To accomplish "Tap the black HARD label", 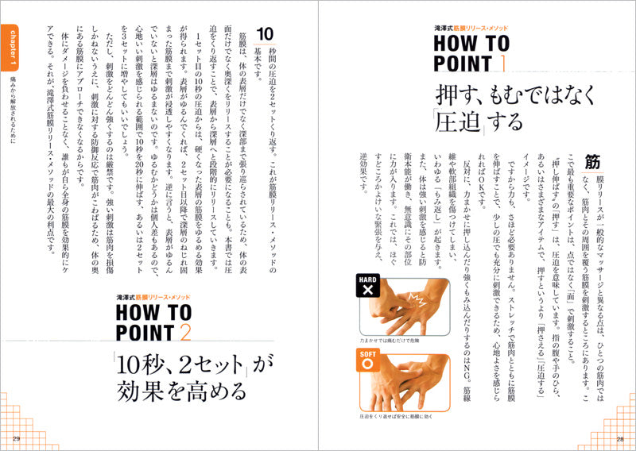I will point(367,279).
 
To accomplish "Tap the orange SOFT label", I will point(367,354).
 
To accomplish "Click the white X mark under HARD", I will point(367,293).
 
